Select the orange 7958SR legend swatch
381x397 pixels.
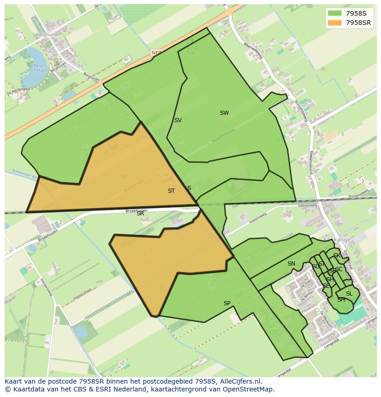[335, 23]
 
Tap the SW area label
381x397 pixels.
[224, 113]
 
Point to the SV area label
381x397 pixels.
[178, 120]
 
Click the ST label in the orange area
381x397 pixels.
[171, 191]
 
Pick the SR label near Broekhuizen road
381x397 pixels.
[140, 213]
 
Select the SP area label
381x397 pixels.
[227, 303]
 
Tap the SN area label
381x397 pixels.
[291, 264]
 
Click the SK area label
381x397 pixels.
[337, 255]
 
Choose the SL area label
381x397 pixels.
[349, 294]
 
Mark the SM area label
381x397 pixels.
[341, 300]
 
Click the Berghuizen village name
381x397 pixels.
[48, 35]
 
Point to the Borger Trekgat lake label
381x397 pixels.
[41, 67]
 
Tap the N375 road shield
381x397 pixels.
[157, 53]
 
